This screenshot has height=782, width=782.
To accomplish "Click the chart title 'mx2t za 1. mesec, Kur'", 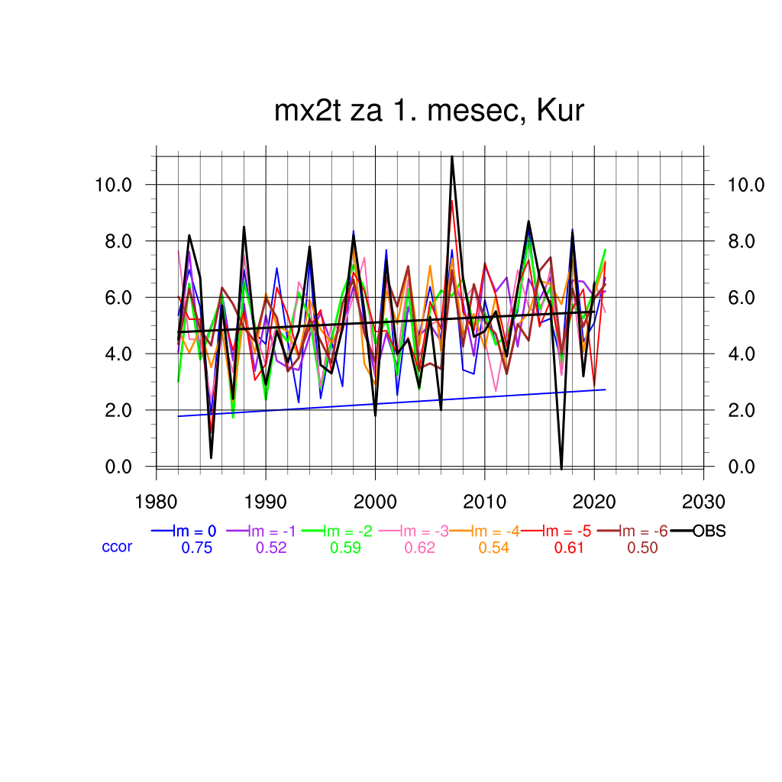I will (429, 111).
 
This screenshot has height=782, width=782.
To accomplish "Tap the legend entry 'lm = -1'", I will (270, 532).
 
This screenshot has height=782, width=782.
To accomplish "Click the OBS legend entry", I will (709, 532).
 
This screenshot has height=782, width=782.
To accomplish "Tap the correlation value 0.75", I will (196, 548).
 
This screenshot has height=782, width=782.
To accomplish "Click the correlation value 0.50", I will (642, 548).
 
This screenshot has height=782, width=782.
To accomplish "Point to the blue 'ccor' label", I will (117, 547).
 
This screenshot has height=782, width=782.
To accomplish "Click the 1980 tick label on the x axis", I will (157, 502).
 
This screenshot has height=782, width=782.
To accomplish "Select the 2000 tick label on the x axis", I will (375, 502).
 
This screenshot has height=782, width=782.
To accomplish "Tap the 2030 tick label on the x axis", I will (703, 502).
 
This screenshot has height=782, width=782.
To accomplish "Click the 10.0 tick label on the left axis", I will (114, 185).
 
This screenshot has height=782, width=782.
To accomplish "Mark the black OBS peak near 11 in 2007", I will (452, 157).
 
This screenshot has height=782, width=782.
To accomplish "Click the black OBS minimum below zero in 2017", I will (561, 468).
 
